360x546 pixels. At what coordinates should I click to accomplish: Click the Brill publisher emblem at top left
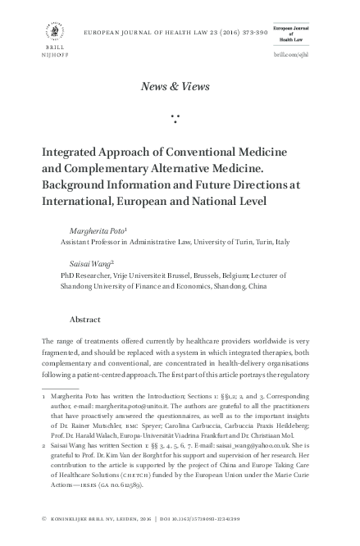pyautogui.click(x=55, y=30)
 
